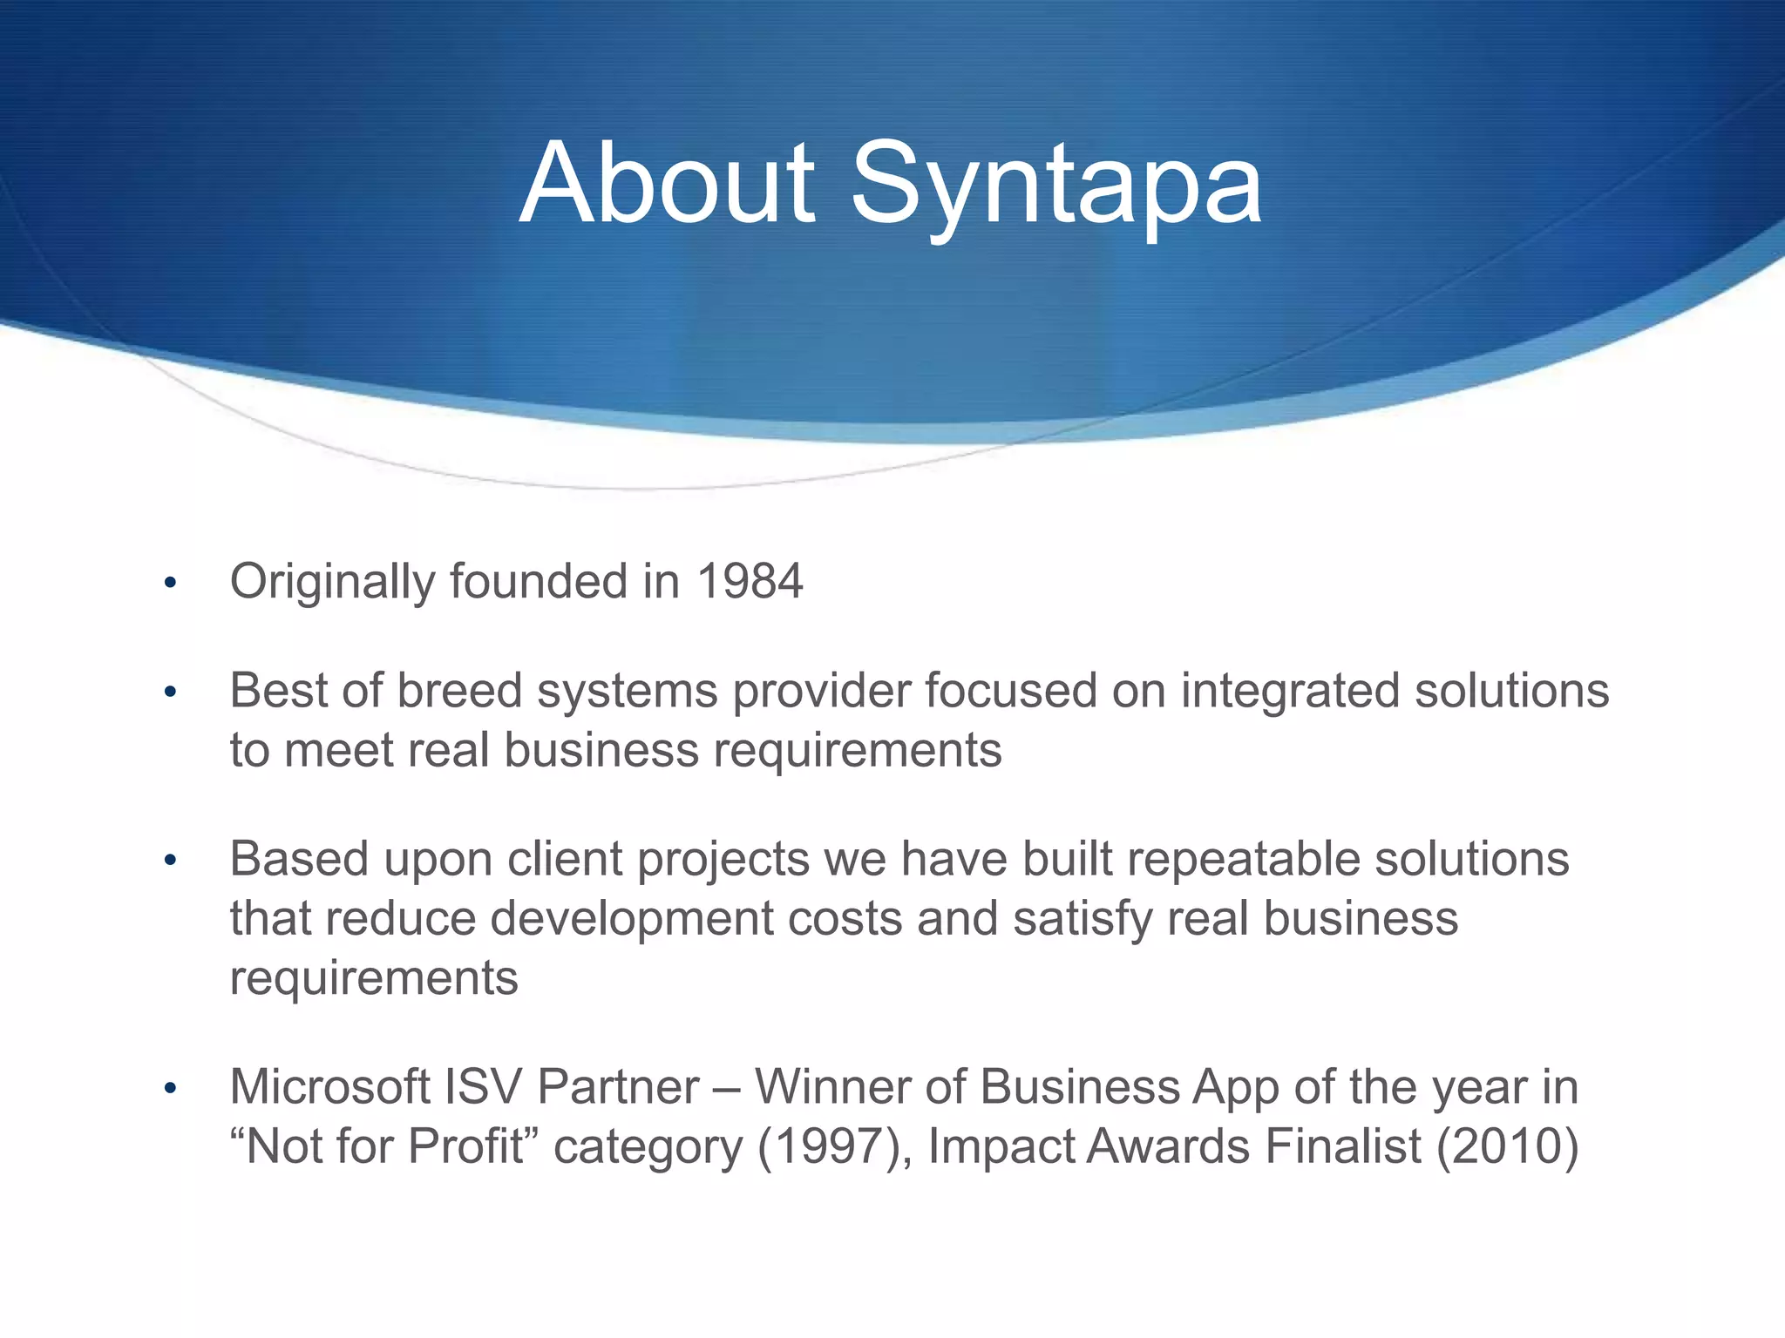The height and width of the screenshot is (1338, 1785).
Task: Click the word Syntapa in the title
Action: click(1055, 185)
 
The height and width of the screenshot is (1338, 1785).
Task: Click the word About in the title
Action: click(667, 185)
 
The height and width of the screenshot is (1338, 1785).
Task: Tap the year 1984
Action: click(750, 581)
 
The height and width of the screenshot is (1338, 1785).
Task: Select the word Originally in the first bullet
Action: click(332, 583)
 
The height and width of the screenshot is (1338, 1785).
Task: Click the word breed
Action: click(459, 691)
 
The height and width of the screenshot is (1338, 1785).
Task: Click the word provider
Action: click(820, 693)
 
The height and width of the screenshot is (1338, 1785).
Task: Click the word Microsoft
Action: click(329, 1087)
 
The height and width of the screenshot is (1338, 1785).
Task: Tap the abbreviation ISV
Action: click(482, 1087)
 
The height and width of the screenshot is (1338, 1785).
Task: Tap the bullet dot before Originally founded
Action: click(171, 583)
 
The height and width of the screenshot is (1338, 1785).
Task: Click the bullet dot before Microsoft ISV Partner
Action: click(171, 1089)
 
